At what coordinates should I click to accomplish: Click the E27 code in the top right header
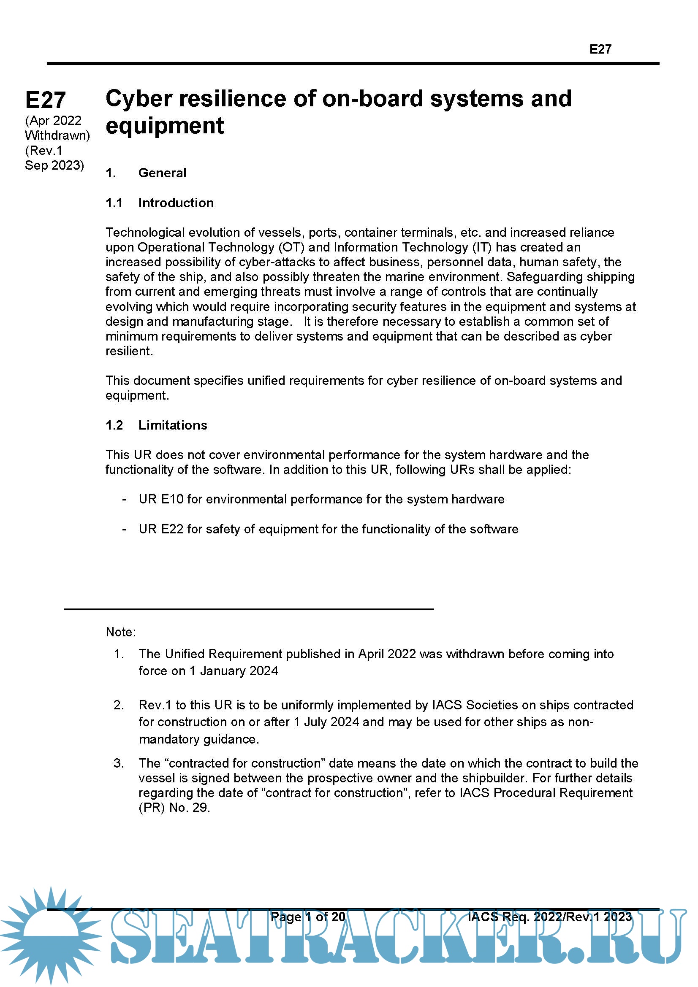(600, 49)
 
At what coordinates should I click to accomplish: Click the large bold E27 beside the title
(46, 100)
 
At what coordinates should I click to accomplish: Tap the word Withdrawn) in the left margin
(57, 135)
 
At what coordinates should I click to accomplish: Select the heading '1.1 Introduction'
(160, 203)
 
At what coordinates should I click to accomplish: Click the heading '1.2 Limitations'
(156, 425)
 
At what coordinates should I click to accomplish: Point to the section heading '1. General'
(146, 173)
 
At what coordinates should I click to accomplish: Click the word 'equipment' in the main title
(165, 126)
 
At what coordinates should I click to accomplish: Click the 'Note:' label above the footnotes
(121, 632)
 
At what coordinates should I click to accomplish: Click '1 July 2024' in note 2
(326, 722)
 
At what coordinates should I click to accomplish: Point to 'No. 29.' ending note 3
(189, 808)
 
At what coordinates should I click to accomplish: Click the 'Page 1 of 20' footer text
(308, 917)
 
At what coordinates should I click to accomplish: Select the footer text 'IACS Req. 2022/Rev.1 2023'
(550, 917)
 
